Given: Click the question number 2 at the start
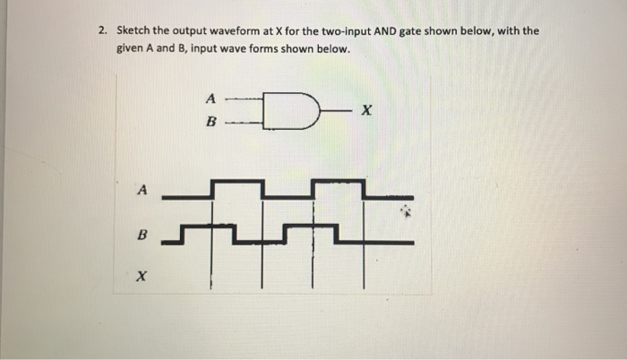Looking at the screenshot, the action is (103, 30).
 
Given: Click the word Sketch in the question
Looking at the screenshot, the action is (134, 30).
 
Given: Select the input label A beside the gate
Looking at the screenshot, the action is (210, 97).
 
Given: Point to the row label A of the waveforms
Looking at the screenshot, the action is (142, 189).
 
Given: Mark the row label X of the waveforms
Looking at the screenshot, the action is (142, 277).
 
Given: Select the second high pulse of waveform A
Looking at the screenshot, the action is (338, 182).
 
